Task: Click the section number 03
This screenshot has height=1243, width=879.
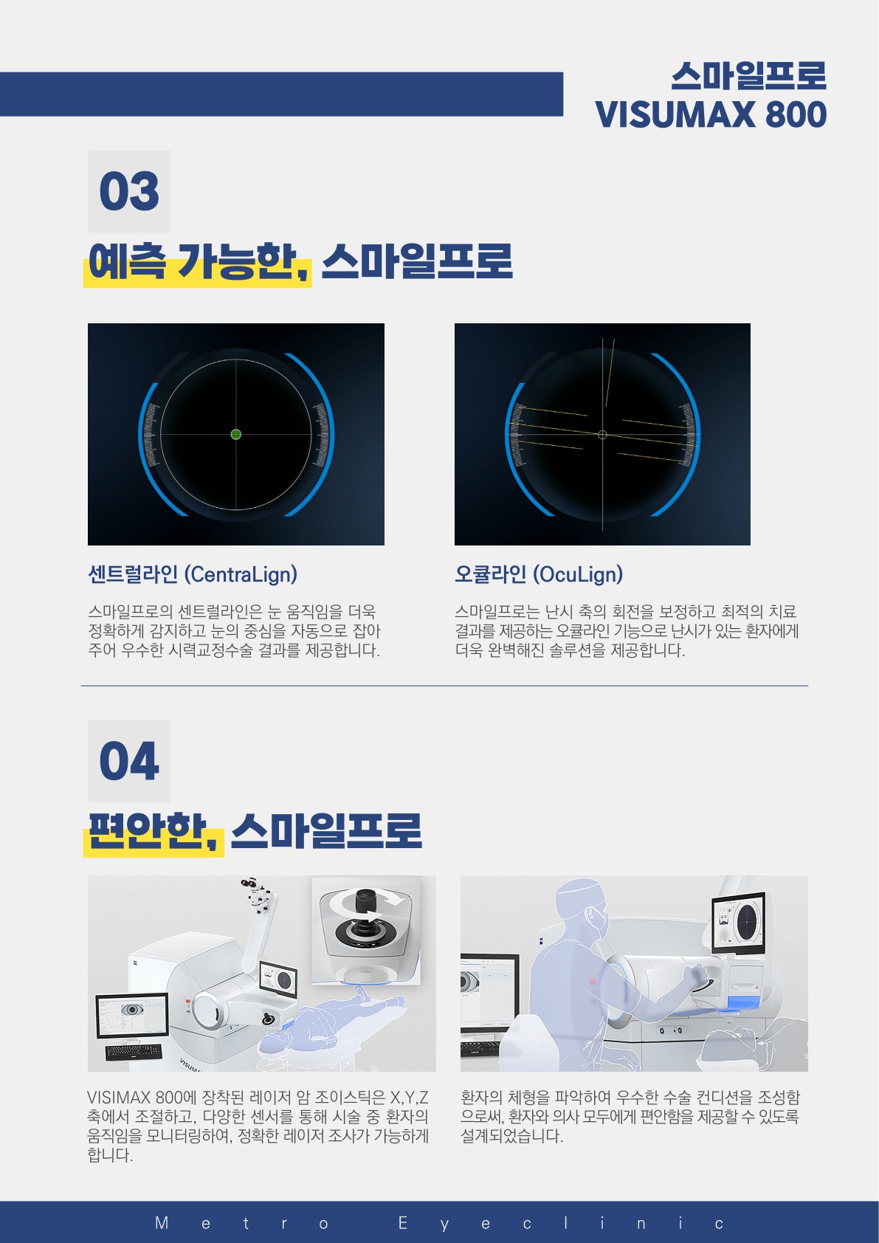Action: [x=129, y=191]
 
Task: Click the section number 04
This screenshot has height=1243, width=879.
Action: [x=129, y=761]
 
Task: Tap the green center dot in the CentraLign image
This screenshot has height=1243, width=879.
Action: [x=236, y=435]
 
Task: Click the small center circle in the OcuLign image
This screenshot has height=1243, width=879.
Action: [x=603, y=435]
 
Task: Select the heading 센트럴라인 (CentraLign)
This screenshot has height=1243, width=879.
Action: [x=193, y=574]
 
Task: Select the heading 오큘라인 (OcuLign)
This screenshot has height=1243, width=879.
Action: [x=538, y=574]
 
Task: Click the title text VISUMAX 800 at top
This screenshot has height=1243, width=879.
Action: [x=711, y=115]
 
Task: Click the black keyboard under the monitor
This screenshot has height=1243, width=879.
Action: [x=133, y=1052]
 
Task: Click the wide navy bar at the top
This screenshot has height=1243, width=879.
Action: [x=281, y=94]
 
